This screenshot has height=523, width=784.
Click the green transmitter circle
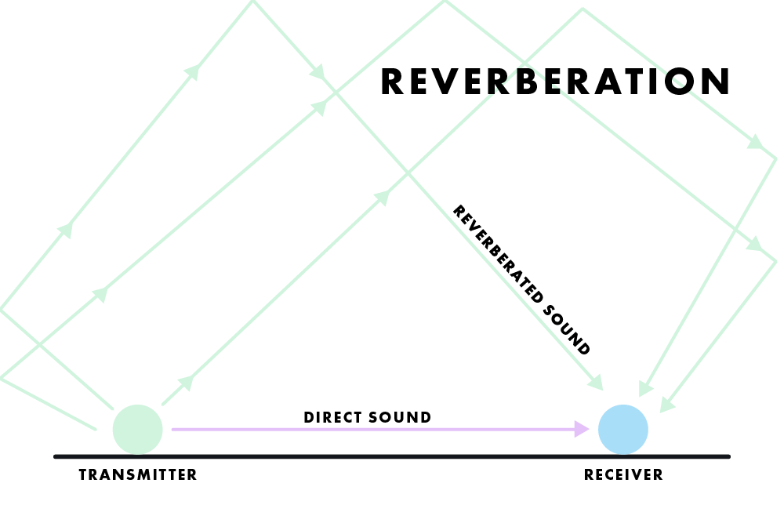(137, 430)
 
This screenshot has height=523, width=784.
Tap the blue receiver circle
(623, 430)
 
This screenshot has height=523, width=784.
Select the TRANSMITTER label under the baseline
(138, 474)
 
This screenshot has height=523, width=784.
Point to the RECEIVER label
(623, 474)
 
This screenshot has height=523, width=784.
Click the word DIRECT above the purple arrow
(332, 417)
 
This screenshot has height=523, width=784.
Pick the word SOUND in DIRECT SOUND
(400, 417)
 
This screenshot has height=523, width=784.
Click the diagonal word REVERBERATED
(498, 254)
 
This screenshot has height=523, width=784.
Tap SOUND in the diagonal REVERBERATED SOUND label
(567, 329)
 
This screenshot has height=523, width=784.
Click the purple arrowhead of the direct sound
(582, 429)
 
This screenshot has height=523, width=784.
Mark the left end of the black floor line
(56, 456)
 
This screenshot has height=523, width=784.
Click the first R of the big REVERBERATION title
(392, 82)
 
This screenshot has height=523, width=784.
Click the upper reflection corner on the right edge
(775, 158)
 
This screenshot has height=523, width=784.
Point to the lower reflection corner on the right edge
(775, 261)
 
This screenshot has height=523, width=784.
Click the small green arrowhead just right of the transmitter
(186, 383)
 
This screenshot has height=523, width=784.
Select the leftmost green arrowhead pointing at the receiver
(595, 383)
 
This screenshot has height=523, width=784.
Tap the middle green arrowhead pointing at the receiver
(645, 388)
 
